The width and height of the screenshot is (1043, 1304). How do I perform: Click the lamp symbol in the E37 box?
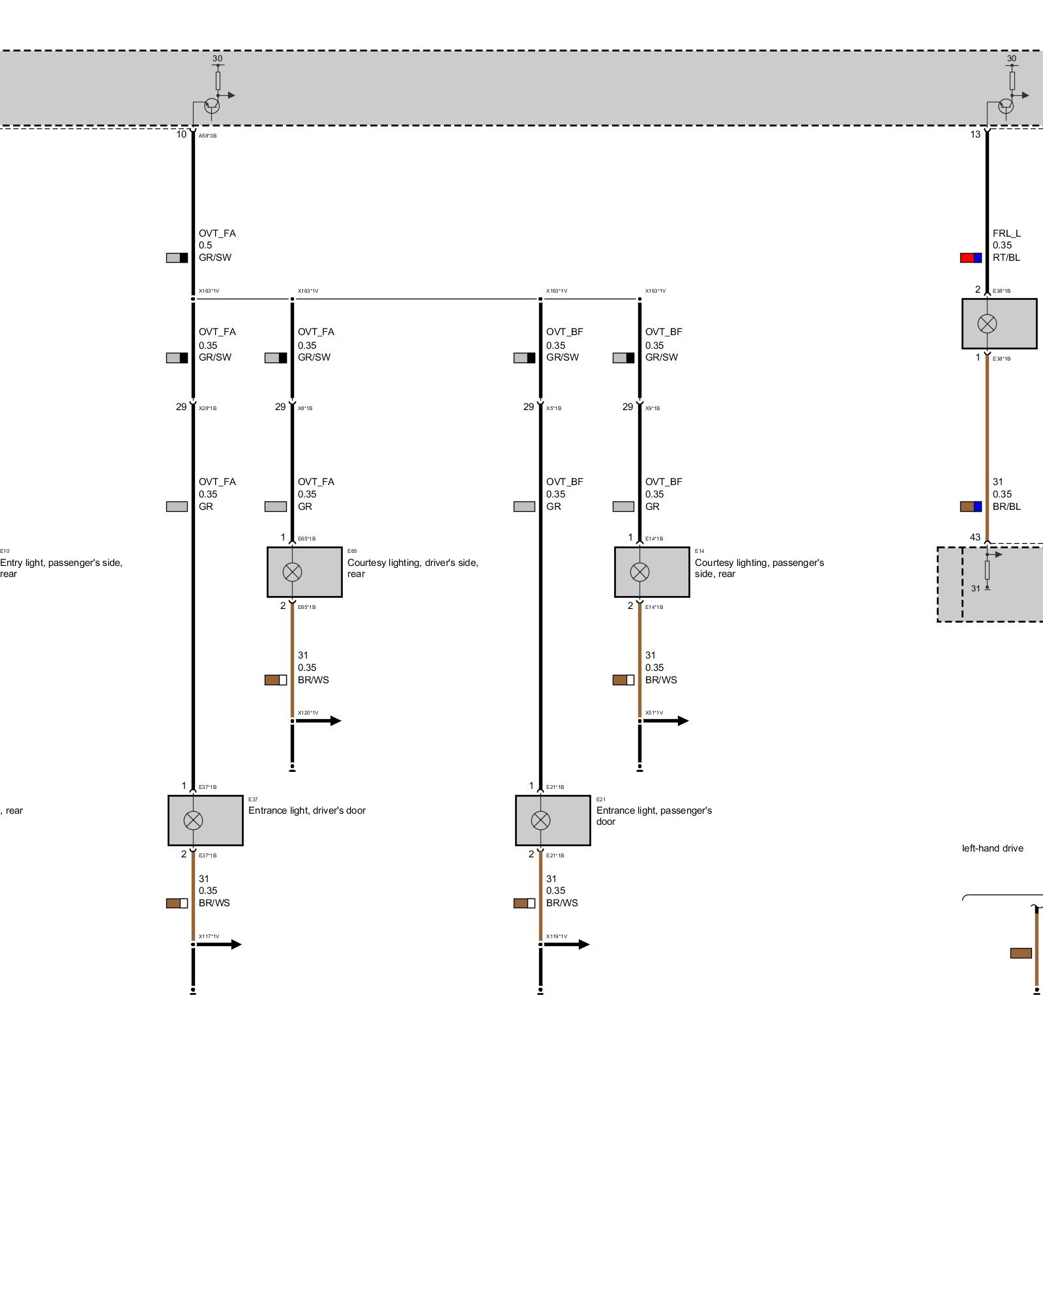point(193,820)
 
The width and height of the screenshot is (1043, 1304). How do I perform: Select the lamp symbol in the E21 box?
point(540,820)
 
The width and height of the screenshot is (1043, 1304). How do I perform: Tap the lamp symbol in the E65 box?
point(292,572)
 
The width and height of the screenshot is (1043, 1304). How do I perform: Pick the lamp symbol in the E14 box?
point(639,572)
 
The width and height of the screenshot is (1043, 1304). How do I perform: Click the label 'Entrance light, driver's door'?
point(306,810)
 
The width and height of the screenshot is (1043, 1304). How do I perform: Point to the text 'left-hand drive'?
point(992,848)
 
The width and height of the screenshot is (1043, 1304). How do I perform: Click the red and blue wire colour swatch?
point(971,258)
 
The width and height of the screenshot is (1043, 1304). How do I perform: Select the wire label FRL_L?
point(1006,233)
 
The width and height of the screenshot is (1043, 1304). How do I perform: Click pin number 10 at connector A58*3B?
point(181,134)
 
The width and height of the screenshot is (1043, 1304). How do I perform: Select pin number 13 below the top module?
point(975,134)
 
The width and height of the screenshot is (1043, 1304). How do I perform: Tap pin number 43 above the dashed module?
point(975,537)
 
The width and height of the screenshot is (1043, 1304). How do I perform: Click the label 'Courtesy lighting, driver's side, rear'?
point(413,568)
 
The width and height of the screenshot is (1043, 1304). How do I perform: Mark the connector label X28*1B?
point(207,408)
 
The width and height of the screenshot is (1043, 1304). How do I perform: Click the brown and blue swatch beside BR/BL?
point(971,507)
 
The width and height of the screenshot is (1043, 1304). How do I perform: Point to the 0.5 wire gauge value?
point(205,245)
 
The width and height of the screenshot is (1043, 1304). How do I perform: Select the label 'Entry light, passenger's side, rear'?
point(61,568)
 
